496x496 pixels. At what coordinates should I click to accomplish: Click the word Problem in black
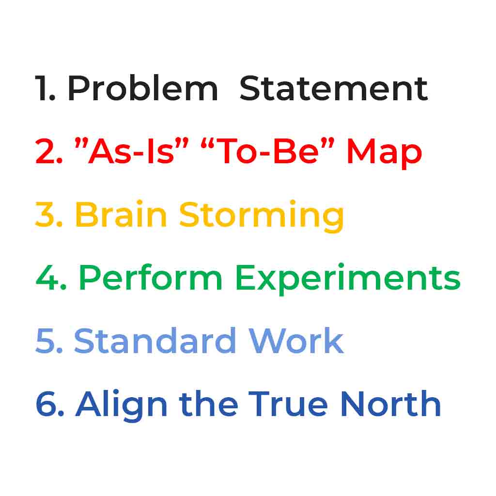[x=143, y=88]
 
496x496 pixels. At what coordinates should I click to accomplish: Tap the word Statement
[x=334, y=88]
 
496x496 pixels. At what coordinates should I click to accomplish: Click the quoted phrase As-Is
[x=131, y=151]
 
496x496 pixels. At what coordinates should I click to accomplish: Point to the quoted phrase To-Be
[x=267, y=151]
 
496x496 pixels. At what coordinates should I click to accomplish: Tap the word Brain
[x=121, y=214]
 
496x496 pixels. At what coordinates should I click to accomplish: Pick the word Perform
[x=151, y=277]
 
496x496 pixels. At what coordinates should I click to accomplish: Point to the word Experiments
[x=348, y=279]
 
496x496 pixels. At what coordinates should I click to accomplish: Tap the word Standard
[x=155, y=340]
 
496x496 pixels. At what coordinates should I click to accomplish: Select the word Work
[x=296, y=340]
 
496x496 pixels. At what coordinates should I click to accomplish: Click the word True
[x=288, y=404]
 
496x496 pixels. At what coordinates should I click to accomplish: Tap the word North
[x=391, y=403]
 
